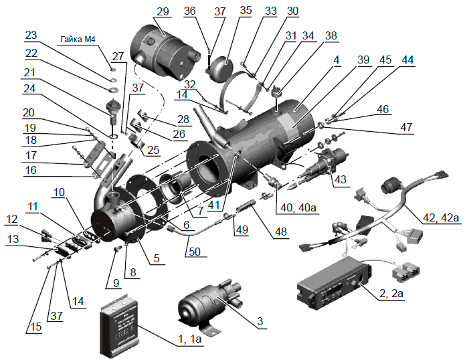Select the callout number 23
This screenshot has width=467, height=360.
pos(31,35)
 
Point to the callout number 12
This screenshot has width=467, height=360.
pos(13,219)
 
